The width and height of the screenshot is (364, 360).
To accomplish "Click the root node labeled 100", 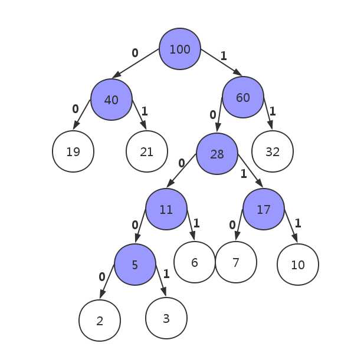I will point(180,49).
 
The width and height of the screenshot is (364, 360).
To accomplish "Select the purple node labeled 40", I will point(112,100).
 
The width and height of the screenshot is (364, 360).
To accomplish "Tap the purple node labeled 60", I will point(243,97).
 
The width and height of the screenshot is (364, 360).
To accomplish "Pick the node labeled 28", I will point(217,154).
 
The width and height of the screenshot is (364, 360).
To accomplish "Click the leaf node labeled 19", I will point(73,151).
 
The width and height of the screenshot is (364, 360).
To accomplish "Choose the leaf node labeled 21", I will point(147,151).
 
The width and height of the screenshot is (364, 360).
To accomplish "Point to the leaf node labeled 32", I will point(273,151).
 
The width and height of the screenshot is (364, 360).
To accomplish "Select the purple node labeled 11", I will point(166,209).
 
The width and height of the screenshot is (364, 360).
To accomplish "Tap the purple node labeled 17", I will point(264,209).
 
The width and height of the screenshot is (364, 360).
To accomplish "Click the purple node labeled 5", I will point(135,265).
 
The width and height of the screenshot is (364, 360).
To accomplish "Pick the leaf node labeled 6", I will point(195,262).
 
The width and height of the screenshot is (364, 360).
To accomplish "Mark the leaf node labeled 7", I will point(236,262).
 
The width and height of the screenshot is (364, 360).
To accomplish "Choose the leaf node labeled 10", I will point(298,265).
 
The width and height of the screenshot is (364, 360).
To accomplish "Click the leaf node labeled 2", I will point(100,321).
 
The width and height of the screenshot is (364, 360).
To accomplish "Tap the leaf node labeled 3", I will point(166,318).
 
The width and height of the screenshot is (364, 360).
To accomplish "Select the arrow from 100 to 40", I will point(136,63).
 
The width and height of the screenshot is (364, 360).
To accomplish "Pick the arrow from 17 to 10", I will point(291,226).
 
